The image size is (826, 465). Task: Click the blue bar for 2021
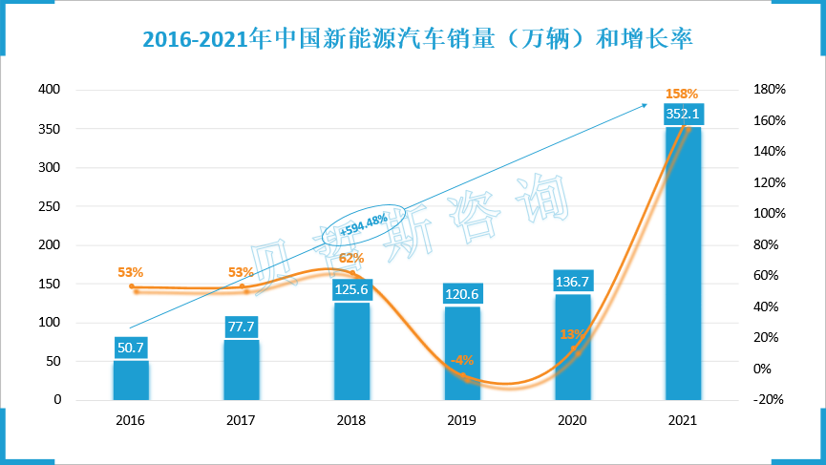(684, 267)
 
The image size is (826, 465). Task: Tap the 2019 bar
(462, 358)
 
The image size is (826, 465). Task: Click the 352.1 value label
(684, 114)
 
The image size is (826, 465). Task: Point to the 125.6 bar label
(351, 289)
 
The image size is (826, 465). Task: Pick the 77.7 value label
(242, 328)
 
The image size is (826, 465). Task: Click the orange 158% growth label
(682, 94)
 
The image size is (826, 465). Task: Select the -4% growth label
(461, 360)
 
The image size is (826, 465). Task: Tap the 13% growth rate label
(571, 334)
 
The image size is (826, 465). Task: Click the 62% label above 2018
(350, 258)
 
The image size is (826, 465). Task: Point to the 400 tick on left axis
(49, 90)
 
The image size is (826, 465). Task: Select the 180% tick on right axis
(768, 90)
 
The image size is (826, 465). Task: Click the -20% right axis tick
(768, 400)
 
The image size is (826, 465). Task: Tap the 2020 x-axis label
(572, 420)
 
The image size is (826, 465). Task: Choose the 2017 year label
(242, 420)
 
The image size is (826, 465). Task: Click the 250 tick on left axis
(49, 206)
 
